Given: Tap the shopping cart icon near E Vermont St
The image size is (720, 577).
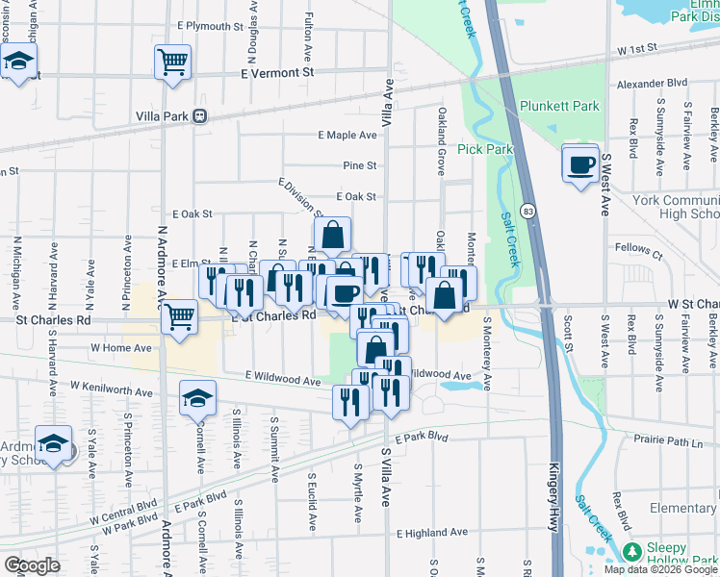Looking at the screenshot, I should [172, 63].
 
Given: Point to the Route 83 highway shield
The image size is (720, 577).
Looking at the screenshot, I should [528, 210].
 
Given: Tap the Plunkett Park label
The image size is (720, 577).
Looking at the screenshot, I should [559, 107].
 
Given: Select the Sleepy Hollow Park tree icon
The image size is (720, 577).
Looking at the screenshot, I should [631, 552].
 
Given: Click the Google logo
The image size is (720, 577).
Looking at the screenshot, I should [33, 564].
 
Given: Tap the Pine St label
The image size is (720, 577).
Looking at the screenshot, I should [359, 165].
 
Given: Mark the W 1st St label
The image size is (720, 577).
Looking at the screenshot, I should [636, 47].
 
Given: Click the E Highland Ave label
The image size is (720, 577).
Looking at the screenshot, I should [431, 532].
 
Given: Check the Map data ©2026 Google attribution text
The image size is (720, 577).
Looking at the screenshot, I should [659, 569].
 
